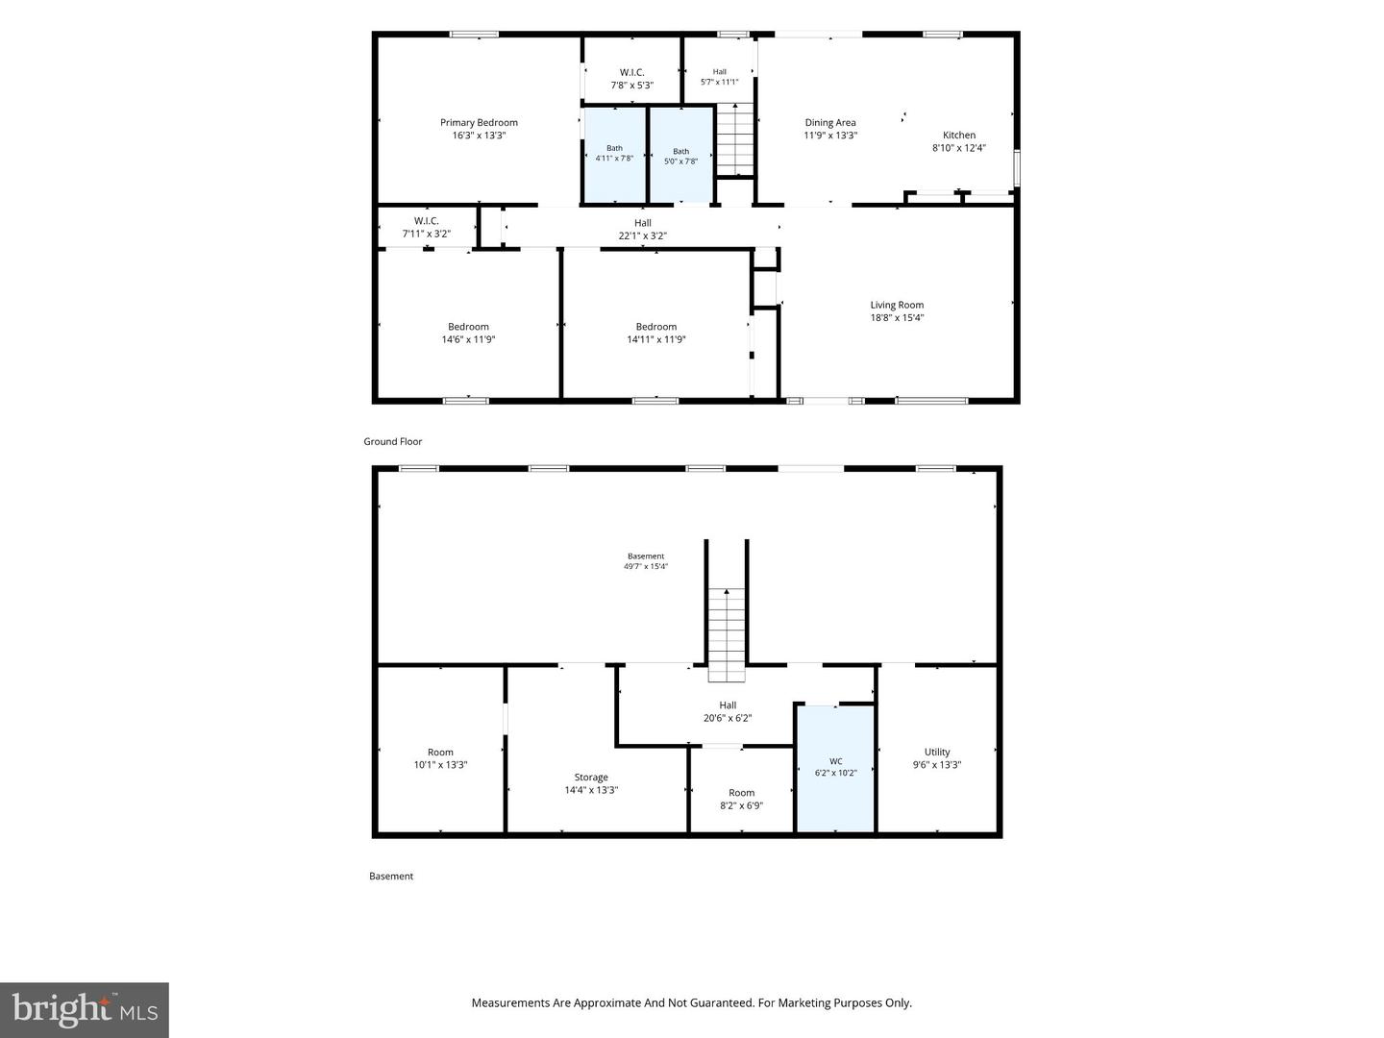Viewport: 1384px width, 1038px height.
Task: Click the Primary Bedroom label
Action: [x=479, y=122]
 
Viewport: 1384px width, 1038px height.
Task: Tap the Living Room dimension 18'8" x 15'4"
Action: [x=897, y=317]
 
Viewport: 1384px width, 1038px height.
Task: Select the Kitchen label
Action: [x=959, y=135]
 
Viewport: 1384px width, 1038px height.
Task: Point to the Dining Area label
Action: [x=829, y=122]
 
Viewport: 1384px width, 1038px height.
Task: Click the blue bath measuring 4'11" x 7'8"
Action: [x=615, y=155]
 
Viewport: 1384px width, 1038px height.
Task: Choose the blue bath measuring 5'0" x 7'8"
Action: [x=681, y=155]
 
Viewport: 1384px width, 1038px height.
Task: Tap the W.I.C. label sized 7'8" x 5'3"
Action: [x=631, y=72]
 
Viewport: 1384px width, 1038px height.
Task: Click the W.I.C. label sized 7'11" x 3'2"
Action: [x=426, y=221]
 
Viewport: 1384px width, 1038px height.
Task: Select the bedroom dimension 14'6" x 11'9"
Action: [x=468, y=339]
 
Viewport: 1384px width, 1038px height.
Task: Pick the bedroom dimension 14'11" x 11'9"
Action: [x=655, y=339]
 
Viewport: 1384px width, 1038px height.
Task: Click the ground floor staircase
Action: [x=735, y=139]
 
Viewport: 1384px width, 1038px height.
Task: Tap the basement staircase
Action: [x=727, y=634]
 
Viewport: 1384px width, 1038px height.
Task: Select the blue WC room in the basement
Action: [x=835, y=769]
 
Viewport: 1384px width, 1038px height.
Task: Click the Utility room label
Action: [x=937, y=752]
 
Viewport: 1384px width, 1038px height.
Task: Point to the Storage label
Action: [x=591, y=778]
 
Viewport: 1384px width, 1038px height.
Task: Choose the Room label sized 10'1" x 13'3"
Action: [x=440, y=752]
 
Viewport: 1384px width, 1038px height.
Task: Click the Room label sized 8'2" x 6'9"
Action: [x=741, y=793]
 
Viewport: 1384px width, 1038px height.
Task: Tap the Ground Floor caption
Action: [x=393, y=442]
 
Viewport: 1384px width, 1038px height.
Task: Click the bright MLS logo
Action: [x=85, y=1010]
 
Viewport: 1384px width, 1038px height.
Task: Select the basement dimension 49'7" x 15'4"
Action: [x=646, y=567]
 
